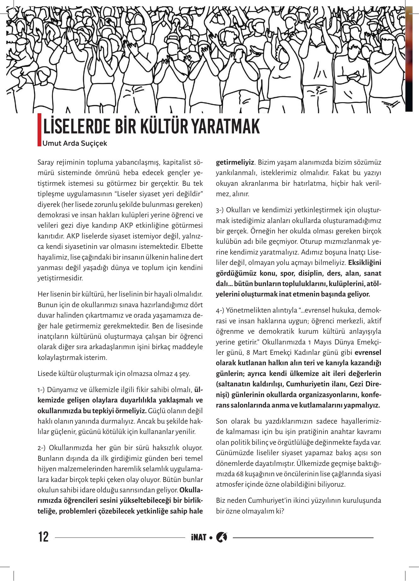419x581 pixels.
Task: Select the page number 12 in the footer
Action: coord(44,537)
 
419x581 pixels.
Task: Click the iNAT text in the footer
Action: coord(198,537)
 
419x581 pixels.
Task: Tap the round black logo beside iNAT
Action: coord(221,537)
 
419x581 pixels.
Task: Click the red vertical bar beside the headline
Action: coord(39,129)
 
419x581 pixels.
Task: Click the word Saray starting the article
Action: coord(45,162)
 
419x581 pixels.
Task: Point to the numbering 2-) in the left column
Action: coord(42,448)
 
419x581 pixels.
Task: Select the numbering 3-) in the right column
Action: coord(220,210)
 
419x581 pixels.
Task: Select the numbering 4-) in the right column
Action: coord(220,310)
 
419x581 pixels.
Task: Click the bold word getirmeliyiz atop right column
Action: coord(235,162)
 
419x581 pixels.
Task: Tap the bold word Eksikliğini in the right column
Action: coord(365,262)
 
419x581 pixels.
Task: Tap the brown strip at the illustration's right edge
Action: coord(409,60)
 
